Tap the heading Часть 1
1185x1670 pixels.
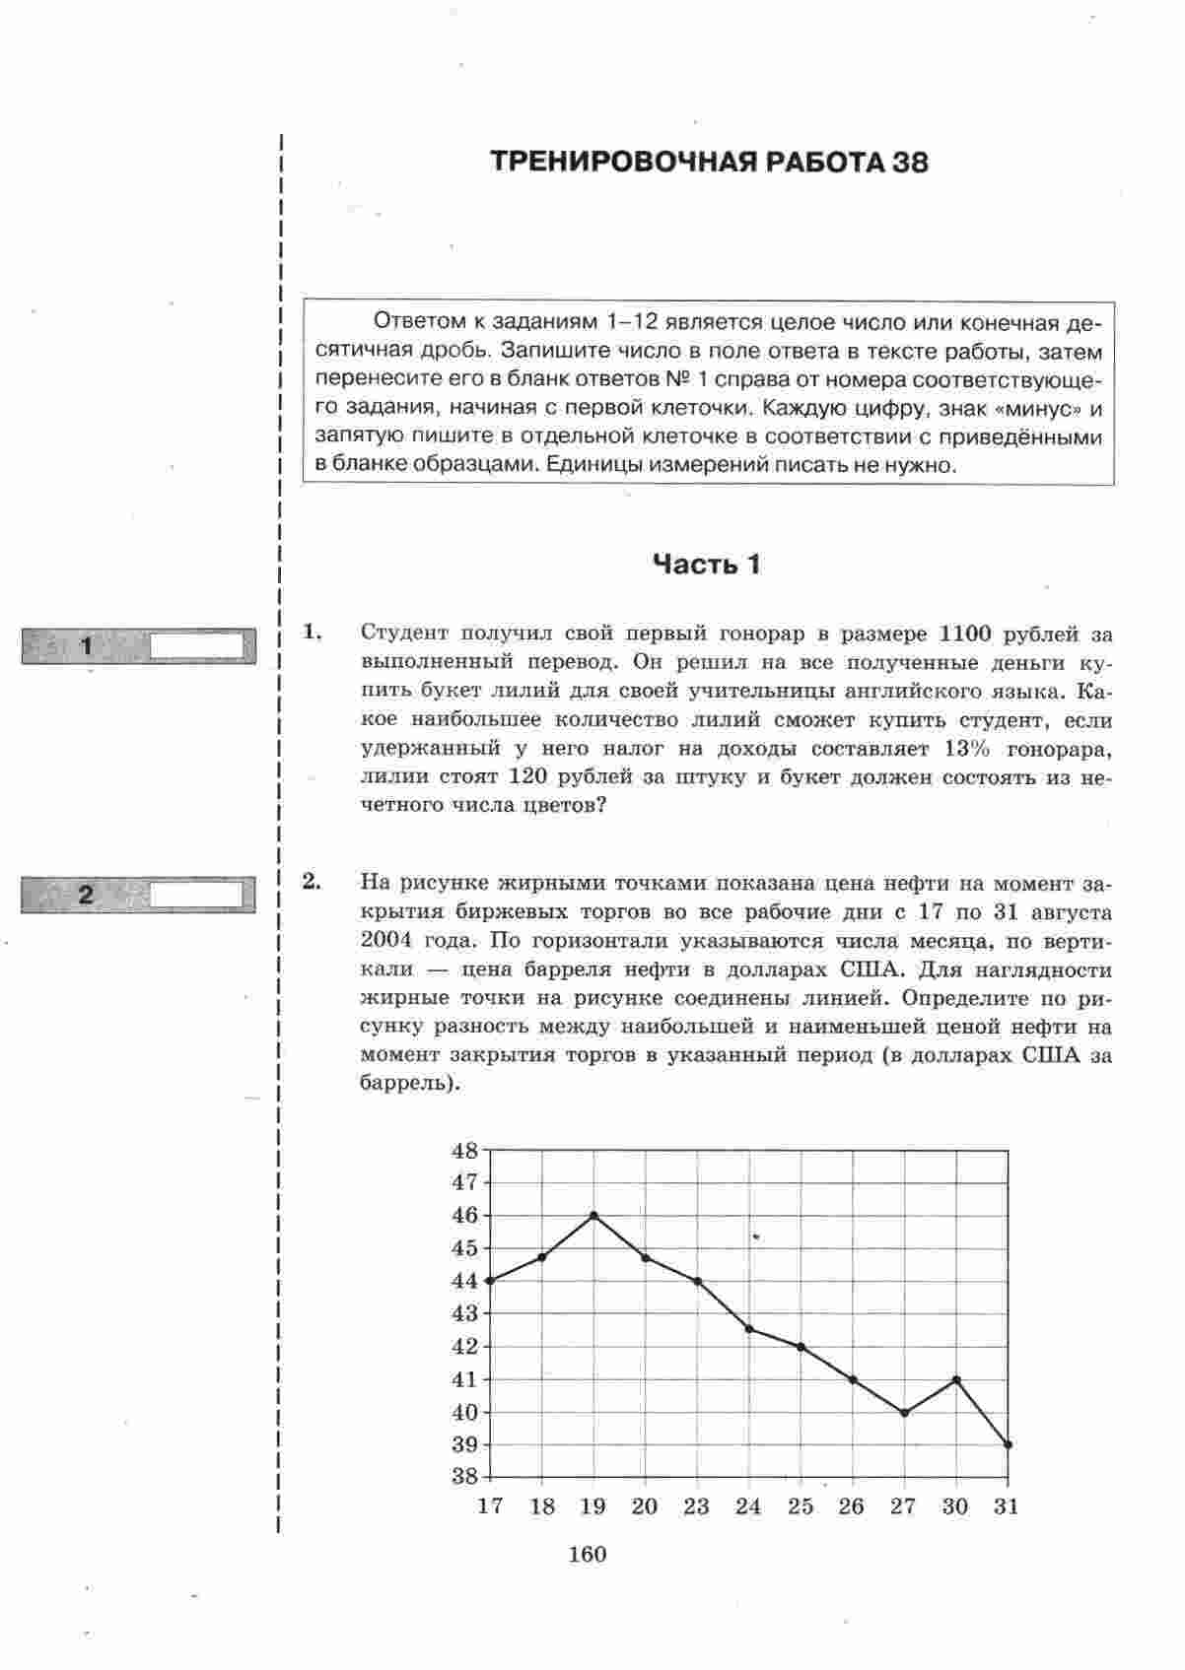pyautogui.click(x=707, y=565)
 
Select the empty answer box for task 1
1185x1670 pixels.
pyautogui.click(x=196, y=646)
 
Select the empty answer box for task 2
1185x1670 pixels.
pyautogui.click(x=196, y=895)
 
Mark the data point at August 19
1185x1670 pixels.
pyautogui.click(x=593, y=1215)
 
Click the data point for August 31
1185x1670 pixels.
pyautogui.click(x=1008, y=1444)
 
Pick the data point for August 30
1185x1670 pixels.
pyautogui.click(x=956, y=1379)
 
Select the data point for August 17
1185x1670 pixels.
pyautogui.click(x=490, y=1281)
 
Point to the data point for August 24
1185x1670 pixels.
pyautogui.click(x=749, y=1329)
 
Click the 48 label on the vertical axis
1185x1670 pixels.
pyautogui.click(x=464, y=1151)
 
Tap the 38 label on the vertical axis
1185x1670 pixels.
pyautogui.click(x=464, y=1477)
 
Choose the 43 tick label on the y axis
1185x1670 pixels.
pyautogui.click(x=464, y=1313)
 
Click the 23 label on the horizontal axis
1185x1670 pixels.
pyautogui.click(x=697, y=1506)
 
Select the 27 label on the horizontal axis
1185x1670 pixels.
pyautogui.click(x=903, y=1506)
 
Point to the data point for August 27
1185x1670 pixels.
pyautogui.click(x=904, y=1412)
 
